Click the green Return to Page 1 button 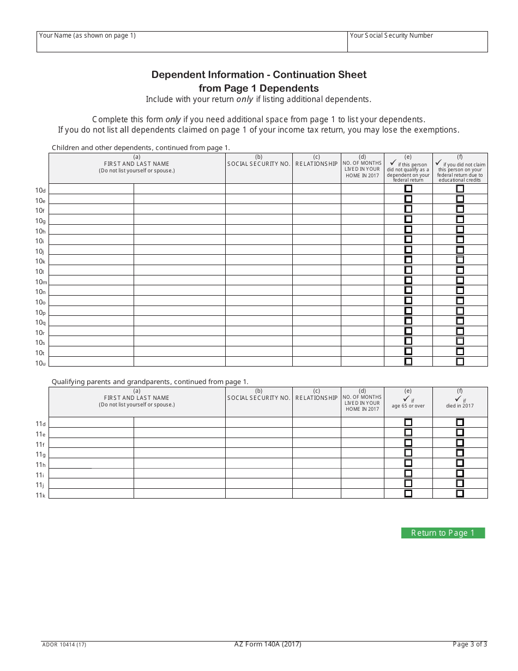(443, 533)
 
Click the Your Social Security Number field (417, 41)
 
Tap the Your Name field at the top (191, 41)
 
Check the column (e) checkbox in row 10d (408, 189)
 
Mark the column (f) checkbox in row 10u (460, 361)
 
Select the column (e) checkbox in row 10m (408, 280)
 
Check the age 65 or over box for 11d (408, 422)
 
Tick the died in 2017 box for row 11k (460, 493)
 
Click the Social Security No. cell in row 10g (258, 219)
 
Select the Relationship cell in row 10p (316, 311)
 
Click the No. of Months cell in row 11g (363, 453)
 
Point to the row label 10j (40, 251)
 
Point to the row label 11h (40, 465)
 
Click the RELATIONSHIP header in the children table (316, 164)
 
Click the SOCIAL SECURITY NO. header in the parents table (258, 398)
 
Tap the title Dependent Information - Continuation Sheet (259, 75)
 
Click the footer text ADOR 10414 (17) (64, 644)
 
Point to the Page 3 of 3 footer (469, 644)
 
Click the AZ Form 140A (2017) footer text (268, 644)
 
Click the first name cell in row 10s (91, 342)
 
